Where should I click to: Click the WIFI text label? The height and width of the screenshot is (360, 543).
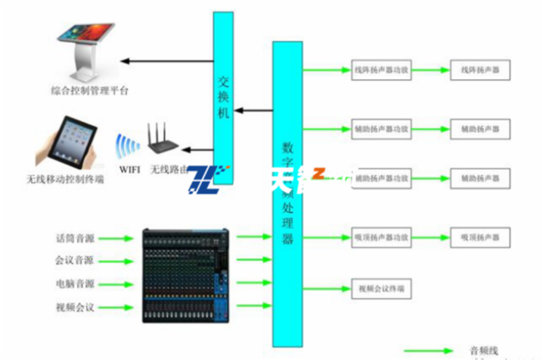coord(129,170)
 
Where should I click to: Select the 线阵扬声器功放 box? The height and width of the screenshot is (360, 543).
coord(382,70)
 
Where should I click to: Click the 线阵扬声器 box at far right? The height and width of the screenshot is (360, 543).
coord(480,70)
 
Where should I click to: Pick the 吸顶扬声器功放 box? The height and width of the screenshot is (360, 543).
coord(382,237)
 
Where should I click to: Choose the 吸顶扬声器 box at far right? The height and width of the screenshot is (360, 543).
coord(480,237)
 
